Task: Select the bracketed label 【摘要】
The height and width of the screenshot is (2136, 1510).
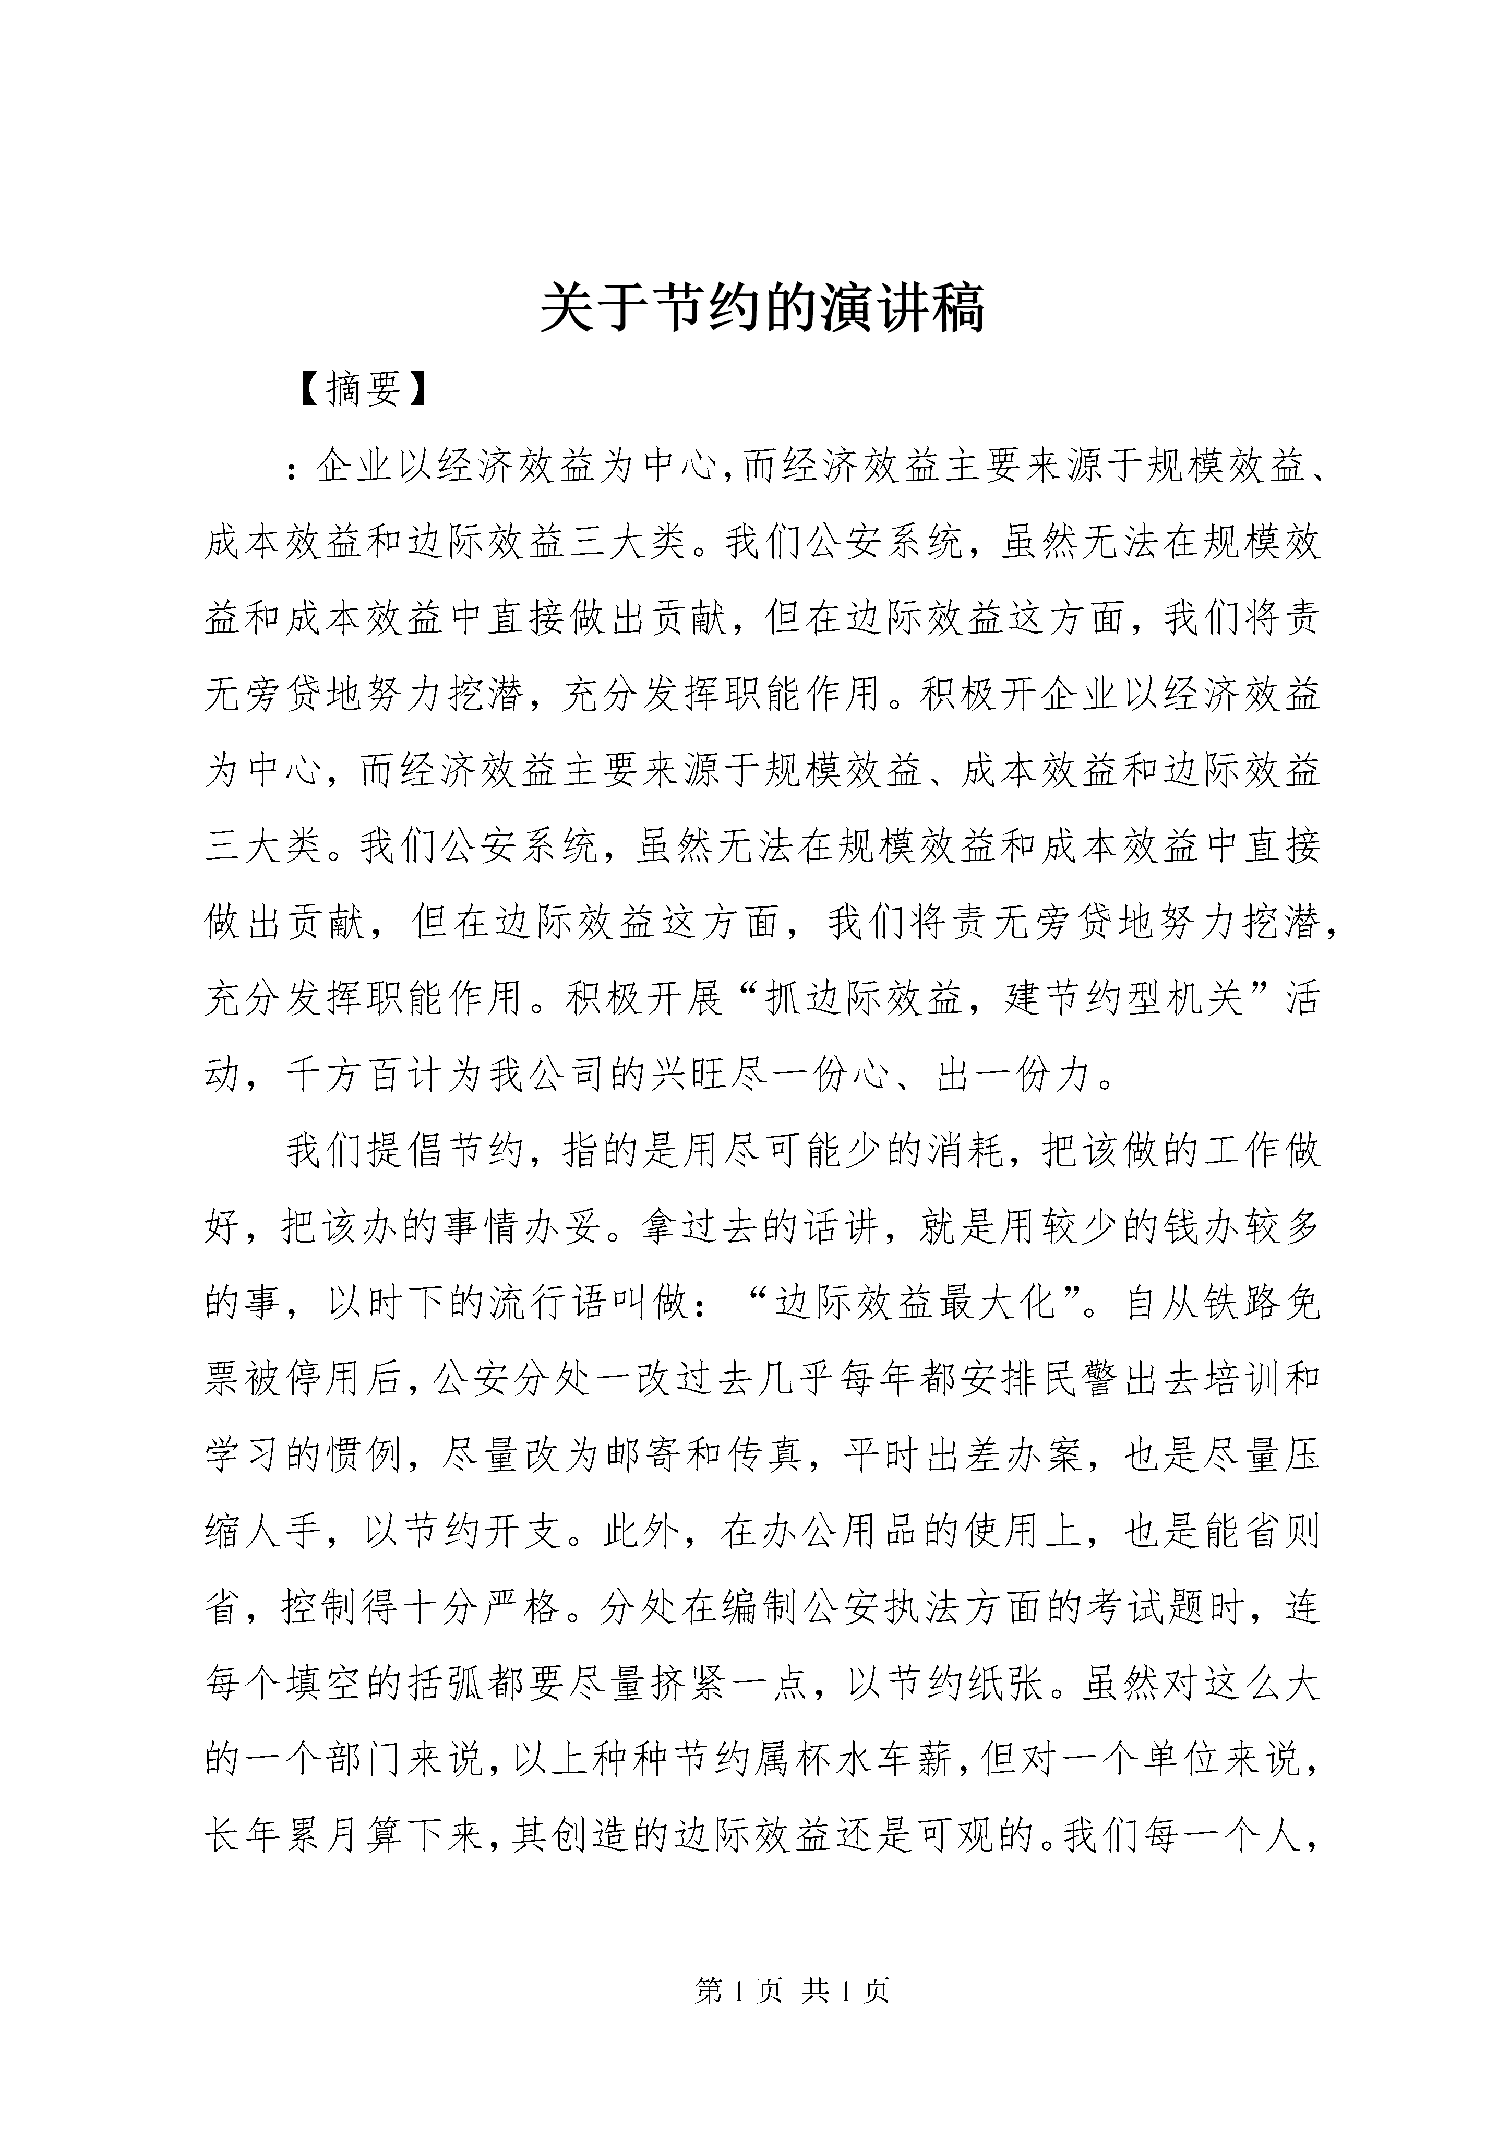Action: coord(364,390)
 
